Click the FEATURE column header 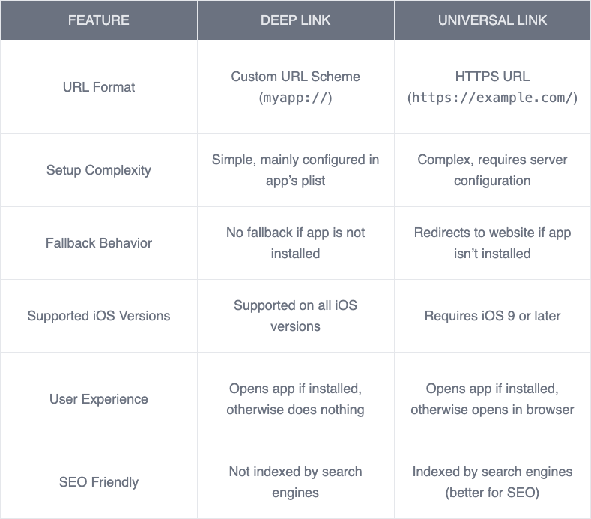pos(98,19)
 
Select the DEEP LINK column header pos(295,19)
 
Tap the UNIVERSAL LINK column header pos(492,19)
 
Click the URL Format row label pos(98,87)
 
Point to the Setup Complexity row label pos(98,170)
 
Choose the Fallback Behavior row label pos(98,243)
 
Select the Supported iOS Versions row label pos(98,316)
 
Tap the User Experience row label pos(98,399)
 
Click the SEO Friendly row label pos(98,482)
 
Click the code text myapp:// pos(295,98)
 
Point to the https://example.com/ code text pos(492,98)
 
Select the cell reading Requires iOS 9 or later pos(492,316)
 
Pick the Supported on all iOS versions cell pos(295,316)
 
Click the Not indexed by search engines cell pos(295,482)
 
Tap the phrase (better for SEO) pos(492,493)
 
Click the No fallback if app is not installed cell pos(295,243)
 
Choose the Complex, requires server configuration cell pos(492,170)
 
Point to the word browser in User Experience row pos(547,409)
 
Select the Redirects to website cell pos(492,243)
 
